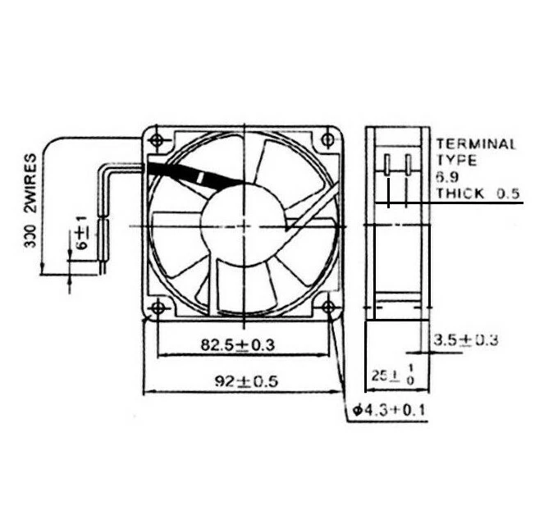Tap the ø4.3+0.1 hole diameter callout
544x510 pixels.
click(x=389, y=409)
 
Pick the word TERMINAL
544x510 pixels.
click(x=476, y=144)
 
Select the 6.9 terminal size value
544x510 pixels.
click(x=447, y=177)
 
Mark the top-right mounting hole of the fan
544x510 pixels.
click(x=328, y=139)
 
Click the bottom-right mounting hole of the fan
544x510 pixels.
click(x=328, y=307)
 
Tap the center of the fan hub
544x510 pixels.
click(x=244, y=223)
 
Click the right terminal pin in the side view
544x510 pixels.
click(x=406, y=163)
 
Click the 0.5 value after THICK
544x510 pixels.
click(x=509, y=194)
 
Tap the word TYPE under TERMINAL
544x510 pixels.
click(x=451, y=161)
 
